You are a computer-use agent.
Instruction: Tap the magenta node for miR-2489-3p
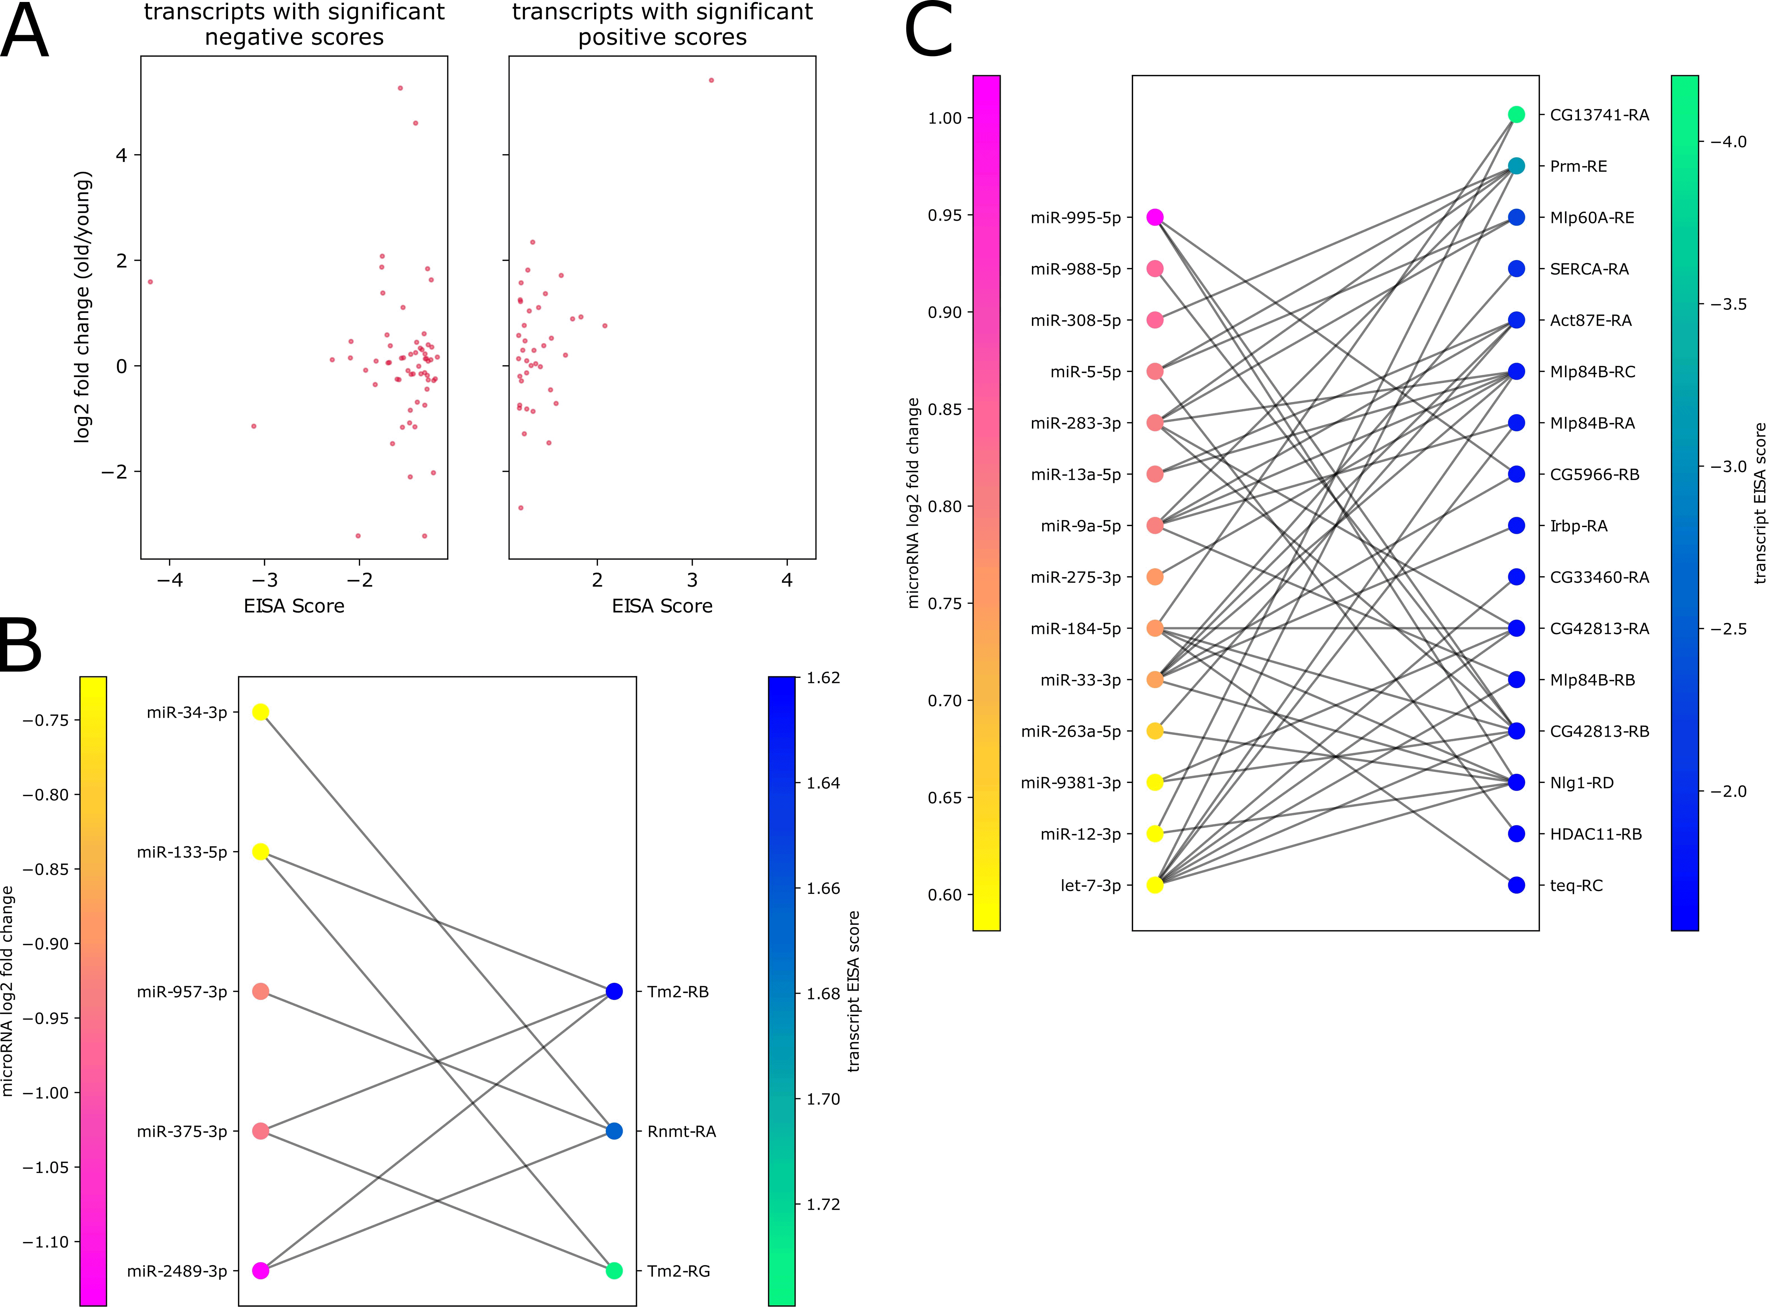pyautogui.click(x=260, y=1271)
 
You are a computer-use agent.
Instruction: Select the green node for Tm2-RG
pyautogui.click(x=614, y=1271)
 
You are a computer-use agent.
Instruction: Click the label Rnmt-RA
pyautogui.click(x=681, y=1131)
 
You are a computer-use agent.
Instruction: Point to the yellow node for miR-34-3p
pyautogui.click(x=260, y=712)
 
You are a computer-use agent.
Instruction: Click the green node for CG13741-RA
pyautogui.click(x=1516, y=115)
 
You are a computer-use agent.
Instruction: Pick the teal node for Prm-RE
pyautogui.click(x=1516, y=166)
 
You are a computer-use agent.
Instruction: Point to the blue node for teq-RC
pyautogui.click(x=1516, y=885)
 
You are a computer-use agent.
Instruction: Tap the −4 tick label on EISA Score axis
pyautogui.click(x=169, y=580)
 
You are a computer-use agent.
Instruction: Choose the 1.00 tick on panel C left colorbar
pyautogui.click(x=945, y=118)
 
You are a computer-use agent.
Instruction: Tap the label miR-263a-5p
pyautogui.click(x=1070, y=731)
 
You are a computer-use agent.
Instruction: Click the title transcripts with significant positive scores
pyautogui.click(x=662, y=25)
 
